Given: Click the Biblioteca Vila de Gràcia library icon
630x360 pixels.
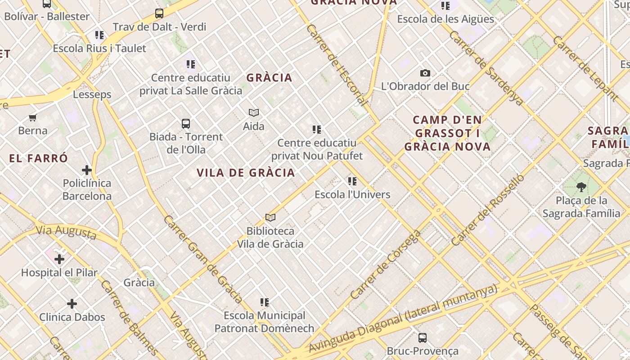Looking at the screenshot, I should (x=270, y=218).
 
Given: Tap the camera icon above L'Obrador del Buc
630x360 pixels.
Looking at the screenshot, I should (x=425, y=73).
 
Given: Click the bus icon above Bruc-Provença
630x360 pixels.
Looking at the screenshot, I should (x=422, y=338).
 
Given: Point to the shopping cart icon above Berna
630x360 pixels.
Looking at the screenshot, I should (x=32, y=118).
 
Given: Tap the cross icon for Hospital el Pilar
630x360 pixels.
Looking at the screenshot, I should (x=59, y=259).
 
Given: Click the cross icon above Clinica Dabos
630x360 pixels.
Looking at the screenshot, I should (x=72, y=304).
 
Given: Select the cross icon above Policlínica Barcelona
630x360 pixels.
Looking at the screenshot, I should (x=87, y=170).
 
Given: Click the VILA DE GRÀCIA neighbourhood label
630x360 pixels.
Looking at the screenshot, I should (x=246, y=173).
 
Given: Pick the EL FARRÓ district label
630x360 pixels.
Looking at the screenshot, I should (x=39, y=158).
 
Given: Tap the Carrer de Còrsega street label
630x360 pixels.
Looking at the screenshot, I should (x=386, y=265).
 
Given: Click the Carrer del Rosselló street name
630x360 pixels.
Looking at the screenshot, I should (x=488, y=210).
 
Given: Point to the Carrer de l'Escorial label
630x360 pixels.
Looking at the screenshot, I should (x=337, y=65).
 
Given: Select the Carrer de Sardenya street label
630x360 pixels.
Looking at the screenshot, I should (x=486, y=68).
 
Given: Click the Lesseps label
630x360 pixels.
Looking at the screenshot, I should (x=92, y=94).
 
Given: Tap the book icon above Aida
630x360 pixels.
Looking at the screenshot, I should (x=254, y=112).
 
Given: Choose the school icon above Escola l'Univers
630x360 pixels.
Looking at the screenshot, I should (x=352, y=181).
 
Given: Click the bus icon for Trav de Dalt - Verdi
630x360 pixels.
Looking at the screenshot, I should (x=159, y=13).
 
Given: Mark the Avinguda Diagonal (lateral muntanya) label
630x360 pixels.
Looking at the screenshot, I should (x=403, y=318).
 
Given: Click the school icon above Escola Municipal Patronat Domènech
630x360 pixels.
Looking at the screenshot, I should (x=265, y=302).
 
